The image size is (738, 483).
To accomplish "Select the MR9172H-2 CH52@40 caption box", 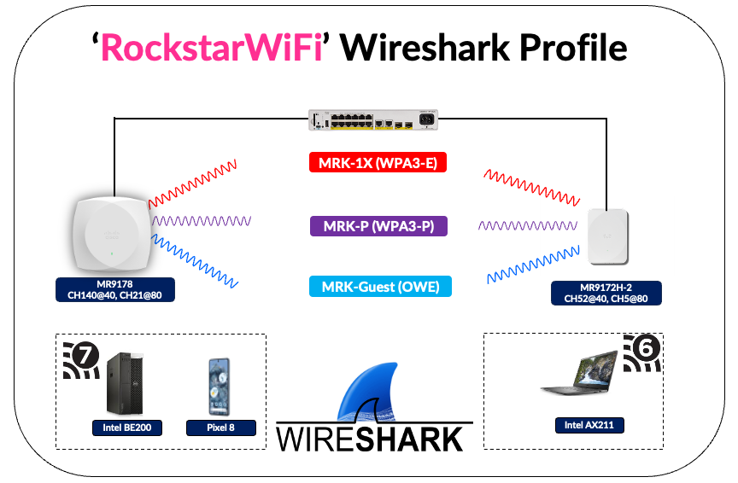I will pyautogui.click(x=606, y=293).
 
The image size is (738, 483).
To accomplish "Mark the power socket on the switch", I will pyautogui.click(x=425, y=119).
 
